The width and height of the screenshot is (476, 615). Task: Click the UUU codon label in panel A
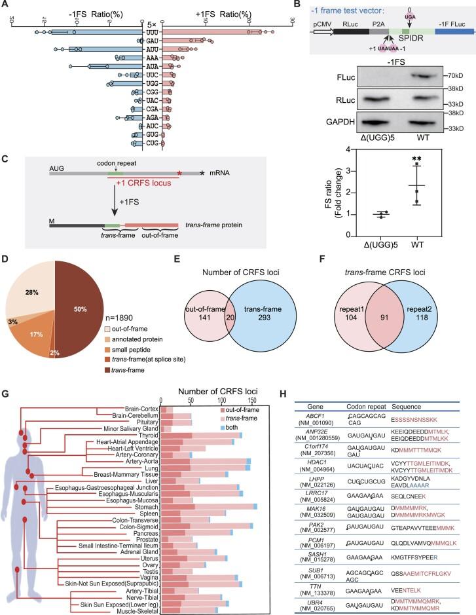pos(154,31)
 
